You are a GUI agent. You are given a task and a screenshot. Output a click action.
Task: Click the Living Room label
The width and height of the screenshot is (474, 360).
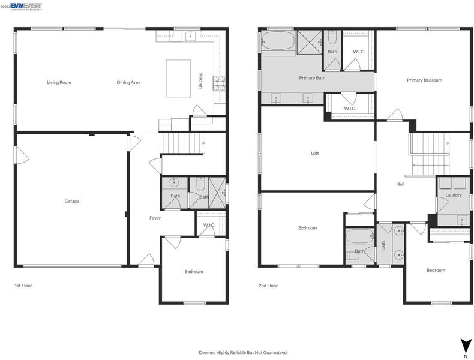point(59,82)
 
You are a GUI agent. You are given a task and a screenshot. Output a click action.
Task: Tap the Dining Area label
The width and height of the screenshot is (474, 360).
point(128,82)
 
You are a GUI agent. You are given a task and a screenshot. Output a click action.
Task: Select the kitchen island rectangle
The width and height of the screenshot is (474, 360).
point(179,78)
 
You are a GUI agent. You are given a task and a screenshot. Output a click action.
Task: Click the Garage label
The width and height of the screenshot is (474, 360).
point(71,201)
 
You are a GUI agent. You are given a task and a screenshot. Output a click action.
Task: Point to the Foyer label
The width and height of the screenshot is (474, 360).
point(155,218)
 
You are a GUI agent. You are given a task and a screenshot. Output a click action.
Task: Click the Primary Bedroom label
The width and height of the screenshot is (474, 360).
point(424,80)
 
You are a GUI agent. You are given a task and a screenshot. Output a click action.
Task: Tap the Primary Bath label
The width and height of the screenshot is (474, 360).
point(312,78)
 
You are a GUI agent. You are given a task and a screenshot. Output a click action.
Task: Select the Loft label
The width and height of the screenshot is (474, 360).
point(315,153)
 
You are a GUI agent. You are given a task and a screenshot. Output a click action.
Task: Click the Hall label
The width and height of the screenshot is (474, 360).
point(400,184)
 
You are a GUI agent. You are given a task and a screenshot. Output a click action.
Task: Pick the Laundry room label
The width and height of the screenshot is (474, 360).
point(454,195)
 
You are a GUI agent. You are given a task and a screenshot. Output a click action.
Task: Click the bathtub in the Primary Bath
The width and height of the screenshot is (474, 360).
point(278,41)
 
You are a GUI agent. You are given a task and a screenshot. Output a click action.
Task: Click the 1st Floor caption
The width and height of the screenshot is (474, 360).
point(23,286)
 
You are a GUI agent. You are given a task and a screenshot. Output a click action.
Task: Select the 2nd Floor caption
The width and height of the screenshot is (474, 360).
point(268,286)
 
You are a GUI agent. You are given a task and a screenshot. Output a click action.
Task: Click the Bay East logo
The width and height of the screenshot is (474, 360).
point(26,7)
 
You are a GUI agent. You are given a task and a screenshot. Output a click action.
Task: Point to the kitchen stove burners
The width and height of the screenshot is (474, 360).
point(220,83)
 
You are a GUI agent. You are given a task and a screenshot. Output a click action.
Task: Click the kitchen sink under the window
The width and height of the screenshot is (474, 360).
point(190,35)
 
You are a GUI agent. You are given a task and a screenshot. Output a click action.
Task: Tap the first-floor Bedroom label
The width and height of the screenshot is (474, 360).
point(194,271)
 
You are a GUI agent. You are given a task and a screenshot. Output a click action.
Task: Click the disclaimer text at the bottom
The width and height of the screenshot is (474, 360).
point(243,352)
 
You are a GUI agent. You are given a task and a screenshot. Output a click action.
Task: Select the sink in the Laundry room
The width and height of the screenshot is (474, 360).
point(462,220)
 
